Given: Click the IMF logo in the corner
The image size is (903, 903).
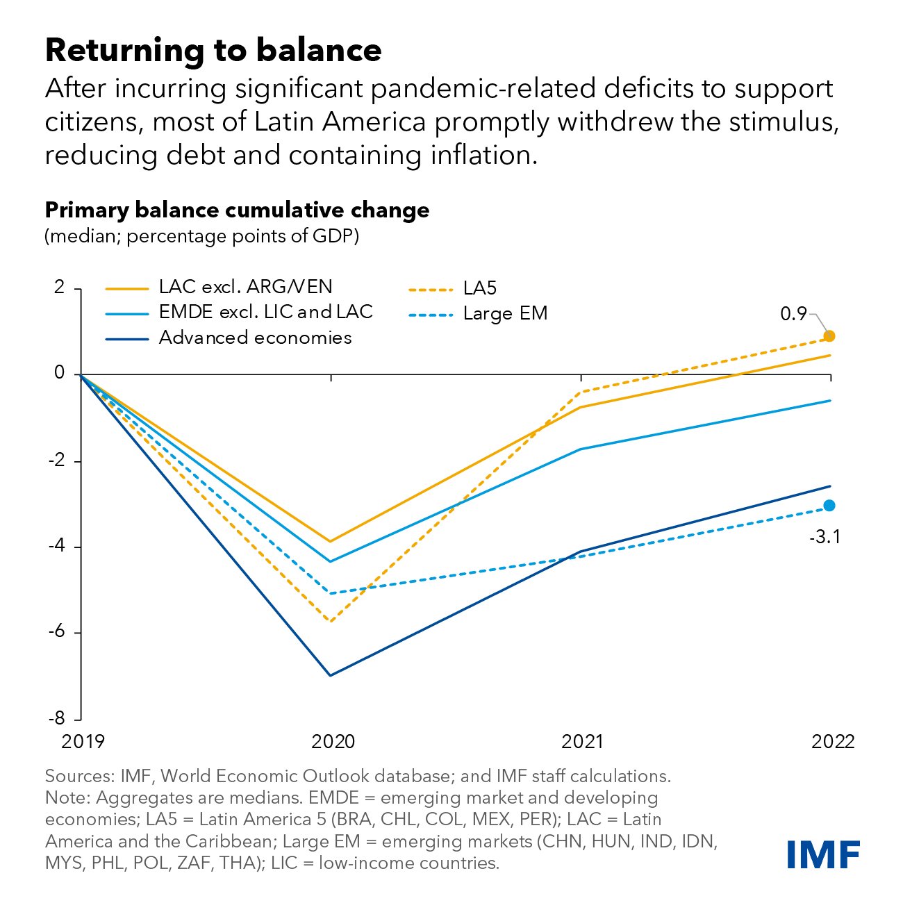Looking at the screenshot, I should [x=823, y=854].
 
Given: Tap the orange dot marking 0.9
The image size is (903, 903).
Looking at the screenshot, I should [x=829, y=336].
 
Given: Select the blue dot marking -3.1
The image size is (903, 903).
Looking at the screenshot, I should [x=829, y=506].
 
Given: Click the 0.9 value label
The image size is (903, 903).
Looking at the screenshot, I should [x=793, y=314].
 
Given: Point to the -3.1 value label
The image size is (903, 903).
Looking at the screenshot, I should [x=825, y=537].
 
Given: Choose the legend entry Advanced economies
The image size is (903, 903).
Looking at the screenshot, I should [x=255, y=338].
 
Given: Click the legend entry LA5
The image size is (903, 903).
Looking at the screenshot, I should [x=479, y=288].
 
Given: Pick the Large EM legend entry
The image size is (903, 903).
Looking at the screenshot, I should [x=505, y=314].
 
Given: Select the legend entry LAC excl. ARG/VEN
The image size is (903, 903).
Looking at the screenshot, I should [x=245, y=287].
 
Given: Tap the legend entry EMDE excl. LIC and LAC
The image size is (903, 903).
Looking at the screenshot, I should [x=265, y=312].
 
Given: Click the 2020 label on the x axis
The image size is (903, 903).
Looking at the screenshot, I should [x=333, y=742].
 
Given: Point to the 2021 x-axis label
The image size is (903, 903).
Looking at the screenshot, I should [x=582, y=742].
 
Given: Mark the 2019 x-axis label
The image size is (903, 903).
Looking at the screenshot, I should [x=83, y=742].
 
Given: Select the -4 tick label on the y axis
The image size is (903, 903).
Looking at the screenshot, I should [x=58, y=547].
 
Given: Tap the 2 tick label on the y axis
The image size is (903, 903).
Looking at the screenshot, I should [x=60, y=288].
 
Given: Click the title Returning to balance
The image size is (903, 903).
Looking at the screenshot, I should [x=213, y=50].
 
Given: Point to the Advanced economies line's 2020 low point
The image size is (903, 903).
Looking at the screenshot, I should [x=331, y=675].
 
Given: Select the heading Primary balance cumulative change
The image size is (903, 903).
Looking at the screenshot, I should [x=237, y=210].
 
